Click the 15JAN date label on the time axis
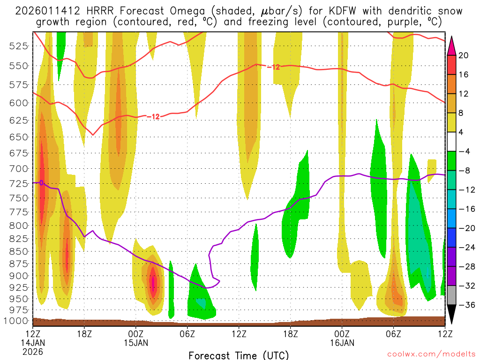point(136,343)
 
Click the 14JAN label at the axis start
point(33,343)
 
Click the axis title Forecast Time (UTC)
point(239,355)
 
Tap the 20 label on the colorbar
point(464,55)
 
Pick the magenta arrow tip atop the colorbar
point(452,43)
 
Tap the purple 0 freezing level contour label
point(41,183)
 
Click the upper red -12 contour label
point(273,67)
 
